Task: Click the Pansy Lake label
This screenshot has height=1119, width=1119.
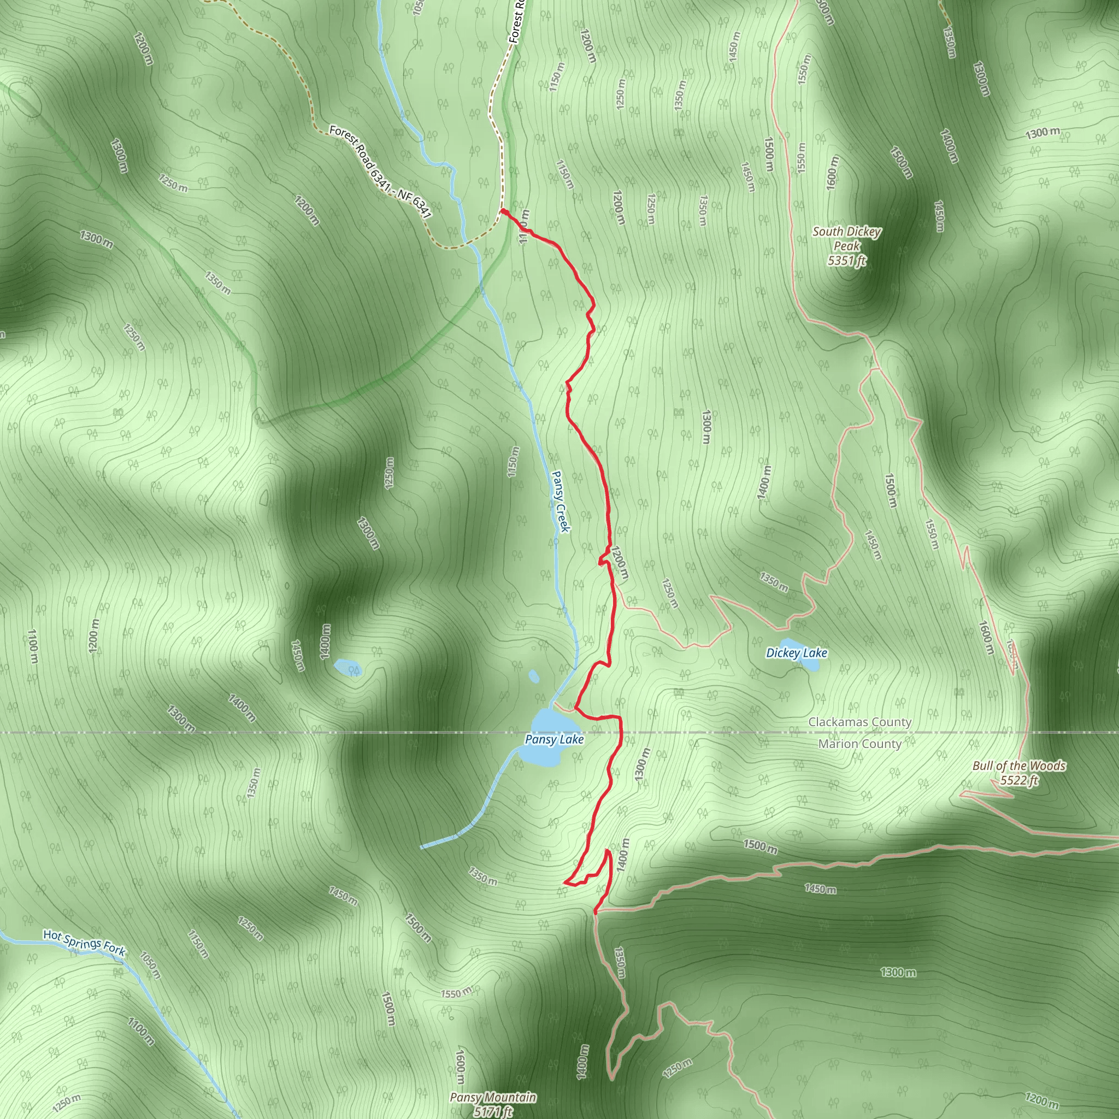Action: click(553, 740)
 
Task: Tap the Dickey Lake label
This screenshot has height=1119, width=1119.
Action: click(797, 653)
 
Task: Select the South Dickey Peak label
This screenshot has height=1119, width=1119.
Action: click(846, 239)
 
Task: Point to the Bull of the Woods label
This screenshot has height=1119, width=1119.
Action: click(1019, 765)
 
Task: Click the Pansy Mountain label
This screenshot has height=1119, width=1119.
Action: click(493, 1097)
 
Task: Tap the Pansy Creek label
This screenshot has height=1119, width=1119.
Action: click(561, 501)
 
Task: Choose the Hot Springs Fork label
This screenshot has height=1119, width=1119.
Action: click(84, 943)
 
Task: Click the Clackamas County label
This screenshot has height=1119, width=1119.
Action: click(859, 722)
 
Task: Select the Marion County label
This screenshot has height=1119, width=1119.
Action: click(859, 744)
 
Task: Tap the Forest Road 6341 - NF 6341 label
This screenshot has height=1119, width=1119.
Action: click(380, 172)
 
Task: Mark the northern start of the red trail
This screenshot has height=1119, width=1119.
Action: click(503, 211)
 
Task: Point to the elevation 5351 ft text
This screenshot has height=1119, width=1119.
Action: click(846, 261)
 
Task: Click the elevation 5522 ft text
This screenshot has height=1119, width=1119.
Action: click(1019, 780)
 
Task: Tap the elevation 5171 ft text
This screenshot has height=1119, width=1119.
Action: click(493, 1111)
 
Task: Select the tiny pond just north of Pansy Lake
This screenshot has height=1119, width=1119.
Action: click(533, 676)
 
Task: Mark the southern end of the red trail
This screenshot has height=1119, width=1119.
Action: click(596, 914)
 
